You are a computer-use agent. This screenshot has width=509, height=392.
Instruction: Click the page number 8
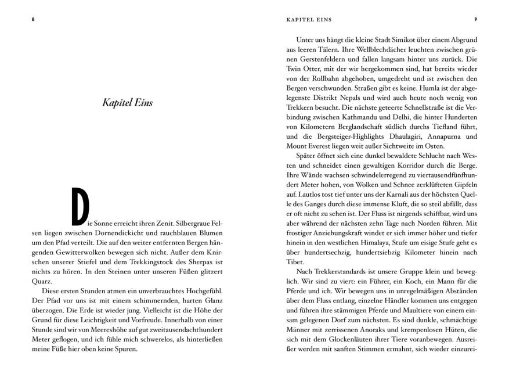(33, 19)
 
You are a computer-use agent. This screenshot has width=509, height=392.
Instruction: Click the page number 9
(475, 19)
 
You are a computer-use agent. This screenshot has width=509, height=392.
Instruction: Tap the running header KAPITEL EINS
(309, 19)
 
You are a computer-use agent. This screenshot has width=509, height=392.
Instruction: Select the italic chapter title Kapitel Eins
(127, 103)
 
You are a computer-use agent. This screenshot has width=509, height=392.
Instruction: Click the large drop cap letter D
(80, 206)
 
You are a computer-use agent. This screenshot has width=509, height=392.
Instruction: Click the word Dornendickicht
(93, 233)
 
